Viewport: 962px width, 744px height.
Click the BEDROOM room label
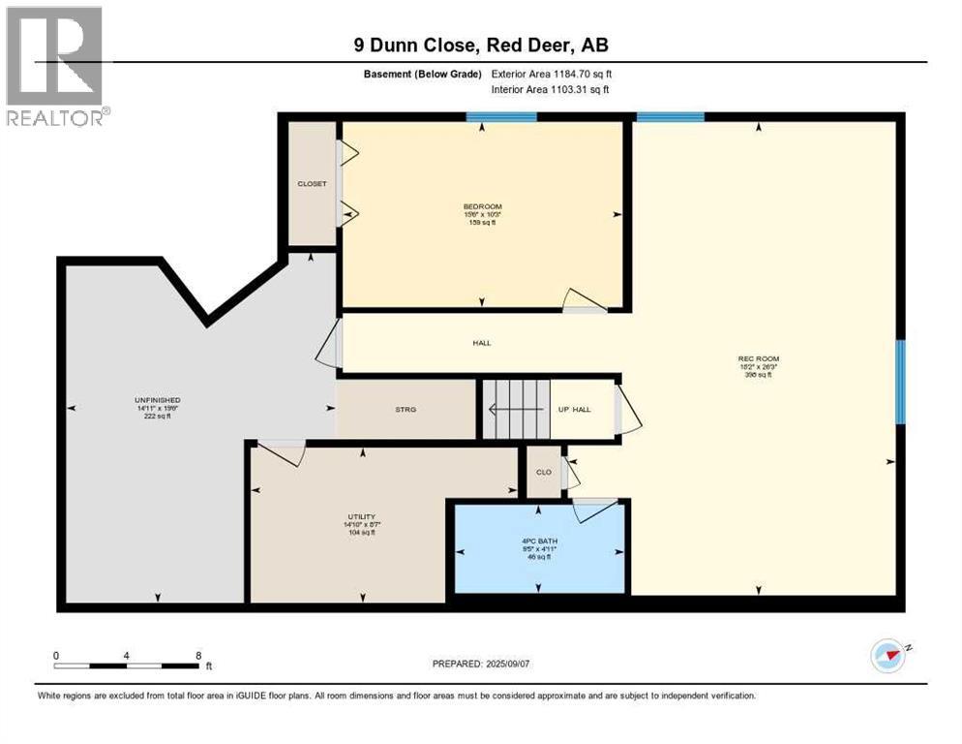[x=482, y=206]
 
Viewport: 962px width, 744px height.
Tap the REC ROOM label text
[x=758, y=359]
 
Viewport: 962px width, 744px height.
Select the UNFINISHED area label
[x=158, y=400]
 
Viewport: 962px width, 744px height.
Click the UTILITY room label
[x=362, y=517]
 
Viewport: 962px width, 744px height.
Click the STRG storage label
[x=406, y=410]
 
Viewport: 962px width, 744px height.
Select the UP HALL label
[x=576, y=410]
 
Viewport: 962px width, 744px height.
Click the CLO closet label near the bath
[x=544, y=472]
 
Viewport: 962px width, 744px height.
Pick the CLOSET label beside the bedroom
[x=312, y=183]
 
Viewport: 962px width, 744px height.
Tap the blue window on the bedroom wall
[x=500, y=117]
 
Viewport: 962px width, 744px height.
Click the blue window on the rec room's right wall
[x=900, y=382]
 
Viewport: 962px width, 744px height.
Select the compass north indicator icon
[x=887, y=656]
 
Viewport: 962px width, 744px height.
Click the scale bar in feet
[x=127, y=665]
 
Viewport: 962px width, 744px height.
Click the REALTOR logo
[x=57, y=66]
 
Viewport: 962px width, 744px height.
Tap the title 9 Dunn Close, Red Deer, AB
[x=481, y=46]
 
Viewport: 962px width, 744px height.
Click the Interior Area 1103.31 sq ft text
[x=553, y=90]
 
